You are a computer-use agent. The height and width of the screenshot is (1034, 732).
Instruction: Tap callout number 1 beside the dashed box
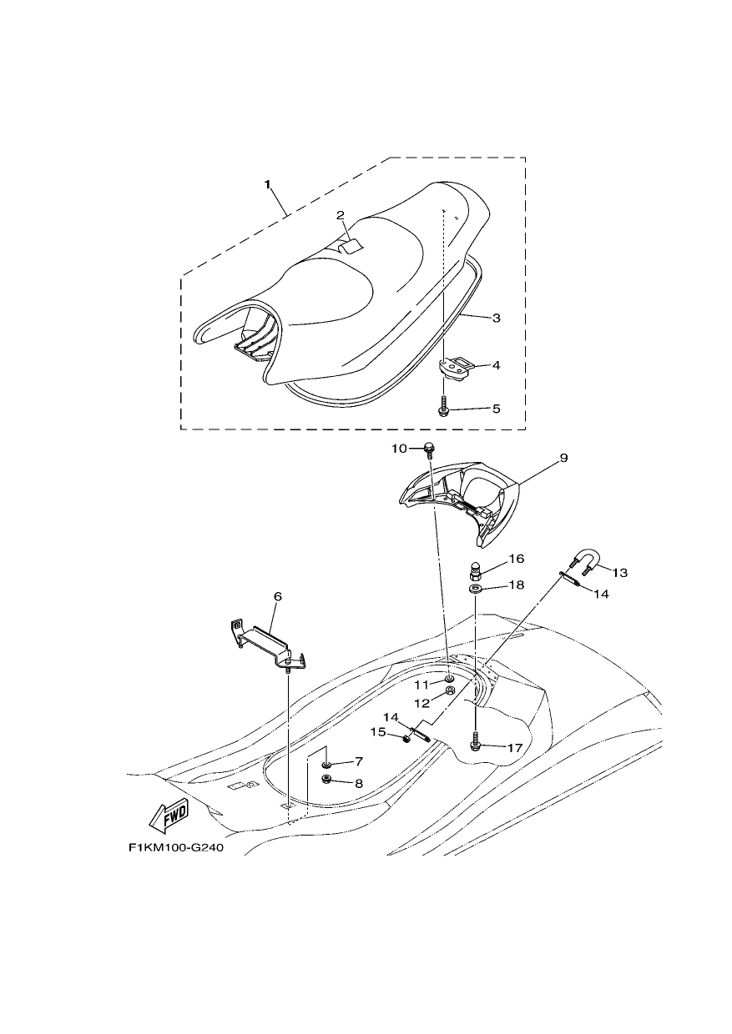pyautogui.click(x=267, y=184)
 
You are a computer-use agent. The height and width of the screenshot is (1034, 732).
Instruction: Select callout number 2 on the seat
pyautogui.click(x=340, y=215)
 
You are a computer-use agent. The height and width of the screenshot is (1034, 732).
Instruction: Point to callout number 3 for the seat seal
pyautogui.click(x=497, y=318)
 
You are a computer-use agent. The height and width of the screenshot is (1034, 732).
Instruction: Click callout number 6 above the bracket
pyautogui.click(x=277, y=596)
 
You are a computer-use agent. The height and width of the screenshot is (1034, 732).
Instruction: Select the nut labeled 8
pyautogui.click(x=326, y=780)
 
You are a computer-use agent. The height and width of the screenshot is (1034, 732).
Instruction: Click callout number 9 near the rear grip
pyautogui.click(x=563, y=458)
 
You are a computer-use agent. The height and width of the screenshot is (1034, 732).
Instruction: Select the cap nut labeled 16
pyautogui.click(x=476, y=570)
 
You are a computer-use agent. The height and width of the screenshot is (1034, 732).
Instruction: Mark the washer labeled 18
pyautogui.click(x=475, y=589)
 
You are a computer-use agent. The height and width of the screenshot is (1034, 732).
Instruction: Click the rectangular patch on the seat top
pyautogui.click(x=351, y=247)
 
